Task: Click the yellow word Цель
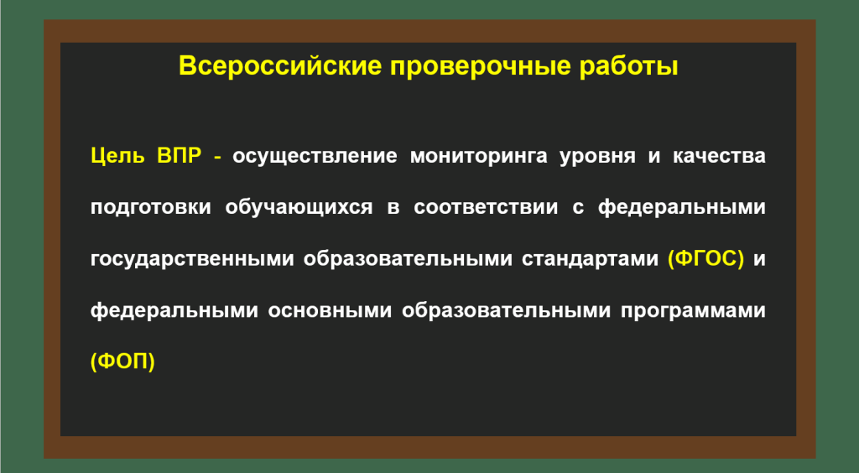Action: coord(117,157)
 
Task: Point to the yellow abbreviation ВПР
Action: coord(180,155)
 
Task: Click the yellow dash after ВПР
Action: coord(218,158)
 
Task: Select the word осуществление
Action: coord(315,157)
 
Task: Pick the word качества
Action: coord(719,157)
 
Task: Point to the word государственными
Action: coord(192,259)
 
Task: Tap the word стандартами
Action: coord(590,259)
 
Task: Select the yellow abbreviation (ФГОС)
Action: coord(706,259)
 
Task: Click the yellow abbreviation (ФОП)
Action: coord(122,361)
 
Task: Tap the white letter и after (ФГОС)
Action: coord(759,260)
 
